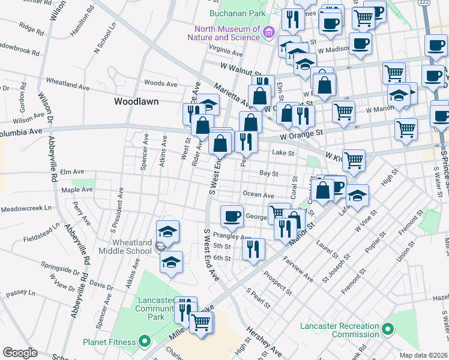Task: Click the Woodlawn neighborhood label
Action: click(136, 101)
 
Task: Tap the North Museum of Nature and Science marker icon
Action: click(268, 31)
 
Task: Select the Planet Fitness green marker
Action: click(144, 342)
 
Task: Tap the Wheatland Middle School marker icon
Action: click(160, 246)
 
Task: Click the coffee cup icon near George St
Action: click(231, 215)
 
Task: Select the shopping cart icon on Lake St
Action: click(354, 160)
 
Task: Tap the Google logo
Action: click(20, 353)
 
